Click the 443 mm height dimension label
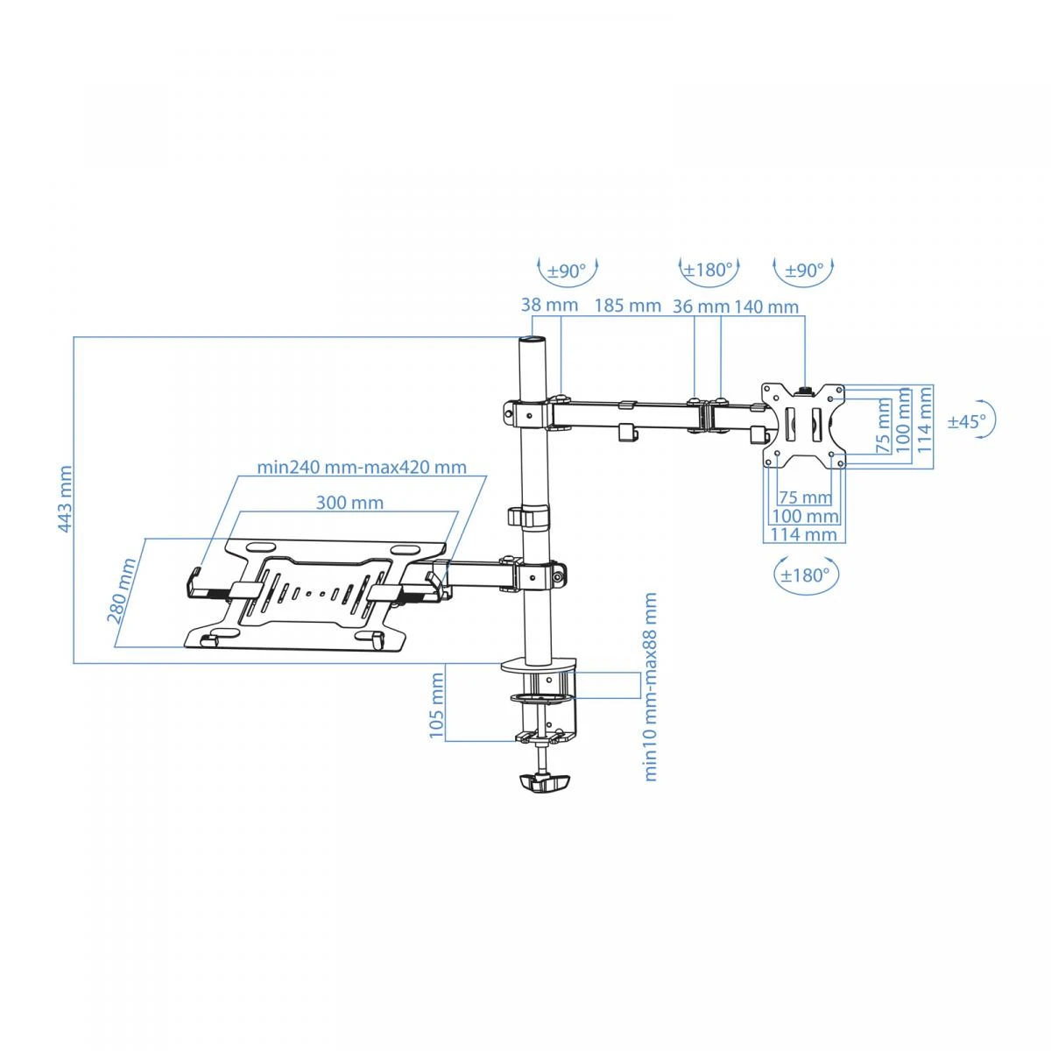(x=64, y=498)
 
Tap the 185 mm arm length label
(x=627, y=306)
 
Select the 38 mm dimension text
(x=549, y=305)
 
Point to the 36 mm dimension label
(x=701, y=307)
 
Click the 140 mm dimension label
(x=766, y=307)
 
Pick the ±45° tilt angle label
(x=967, y=421)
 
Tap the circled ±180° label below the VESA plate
(x=805, y=575)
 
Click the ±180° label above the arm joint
(x=709, y=270)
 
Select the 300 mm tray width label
(x=349, y=503)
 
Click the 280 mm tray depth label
(x=121, y=590)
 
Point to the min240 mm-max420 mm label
(x=362, y=468)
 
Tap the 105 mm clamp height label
(x=436, y=705)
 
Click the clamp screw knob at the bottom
(x=543, y=784)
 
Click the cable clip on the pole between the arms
(x=527, y=516)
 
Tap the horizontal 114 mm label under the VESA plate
(x=803, y=534)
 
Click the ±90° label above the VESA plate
(x=805, y=270)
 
